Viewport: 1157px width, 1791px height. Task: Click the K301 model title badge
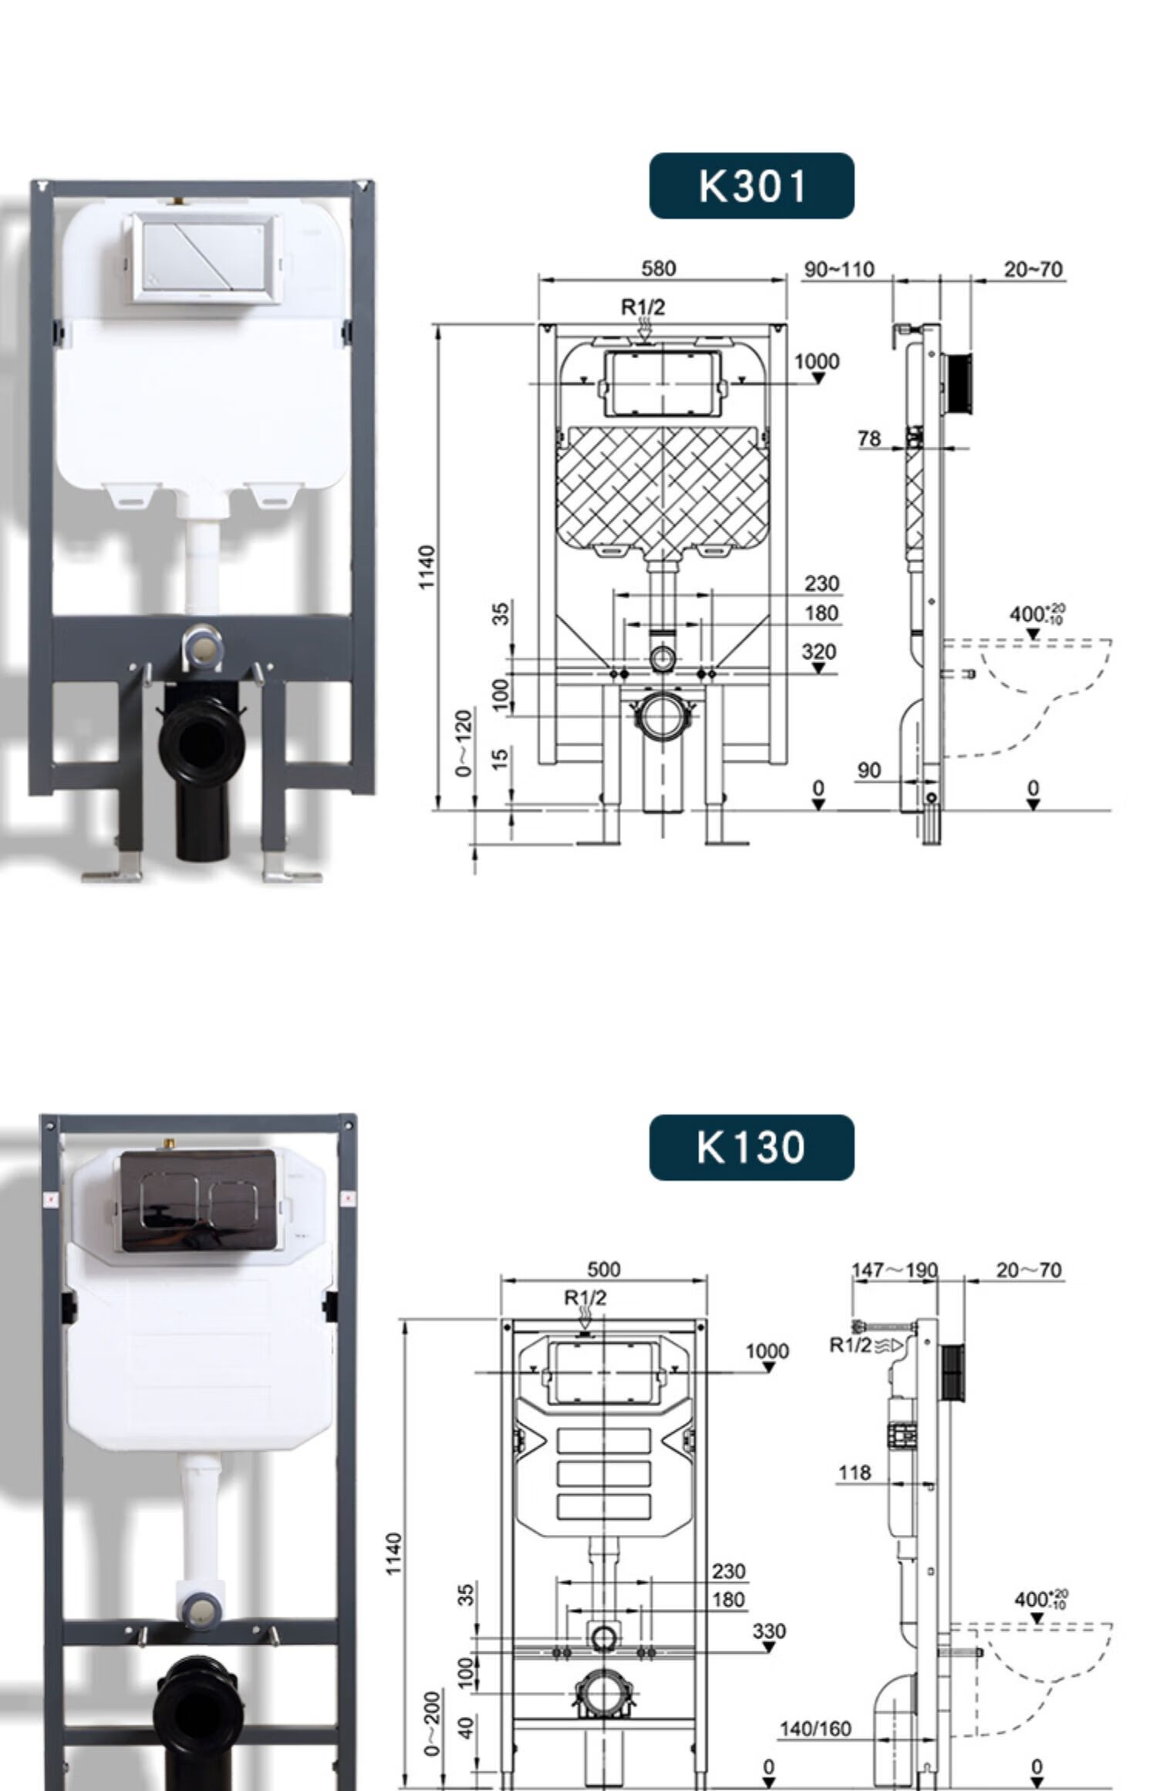tap(751, 186)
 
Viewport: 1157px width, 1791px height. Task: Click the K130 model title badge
tap(751, 1147)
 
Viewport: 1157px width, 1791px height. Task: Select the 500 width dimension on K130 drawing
tap(603, 1269)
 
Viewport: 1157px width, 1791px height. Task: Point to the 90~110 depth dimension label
tap(839, 269)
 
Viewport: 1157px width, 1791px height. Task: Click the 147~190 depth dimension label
tap(895, 1270)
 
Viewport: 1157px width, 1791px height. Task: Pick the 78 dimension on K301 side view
tap(869, 438)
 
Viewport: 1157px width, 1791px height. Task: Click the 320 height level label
tap(818, 652)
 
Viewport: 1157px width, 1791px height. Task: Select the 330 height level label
tap(769, 1631)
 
